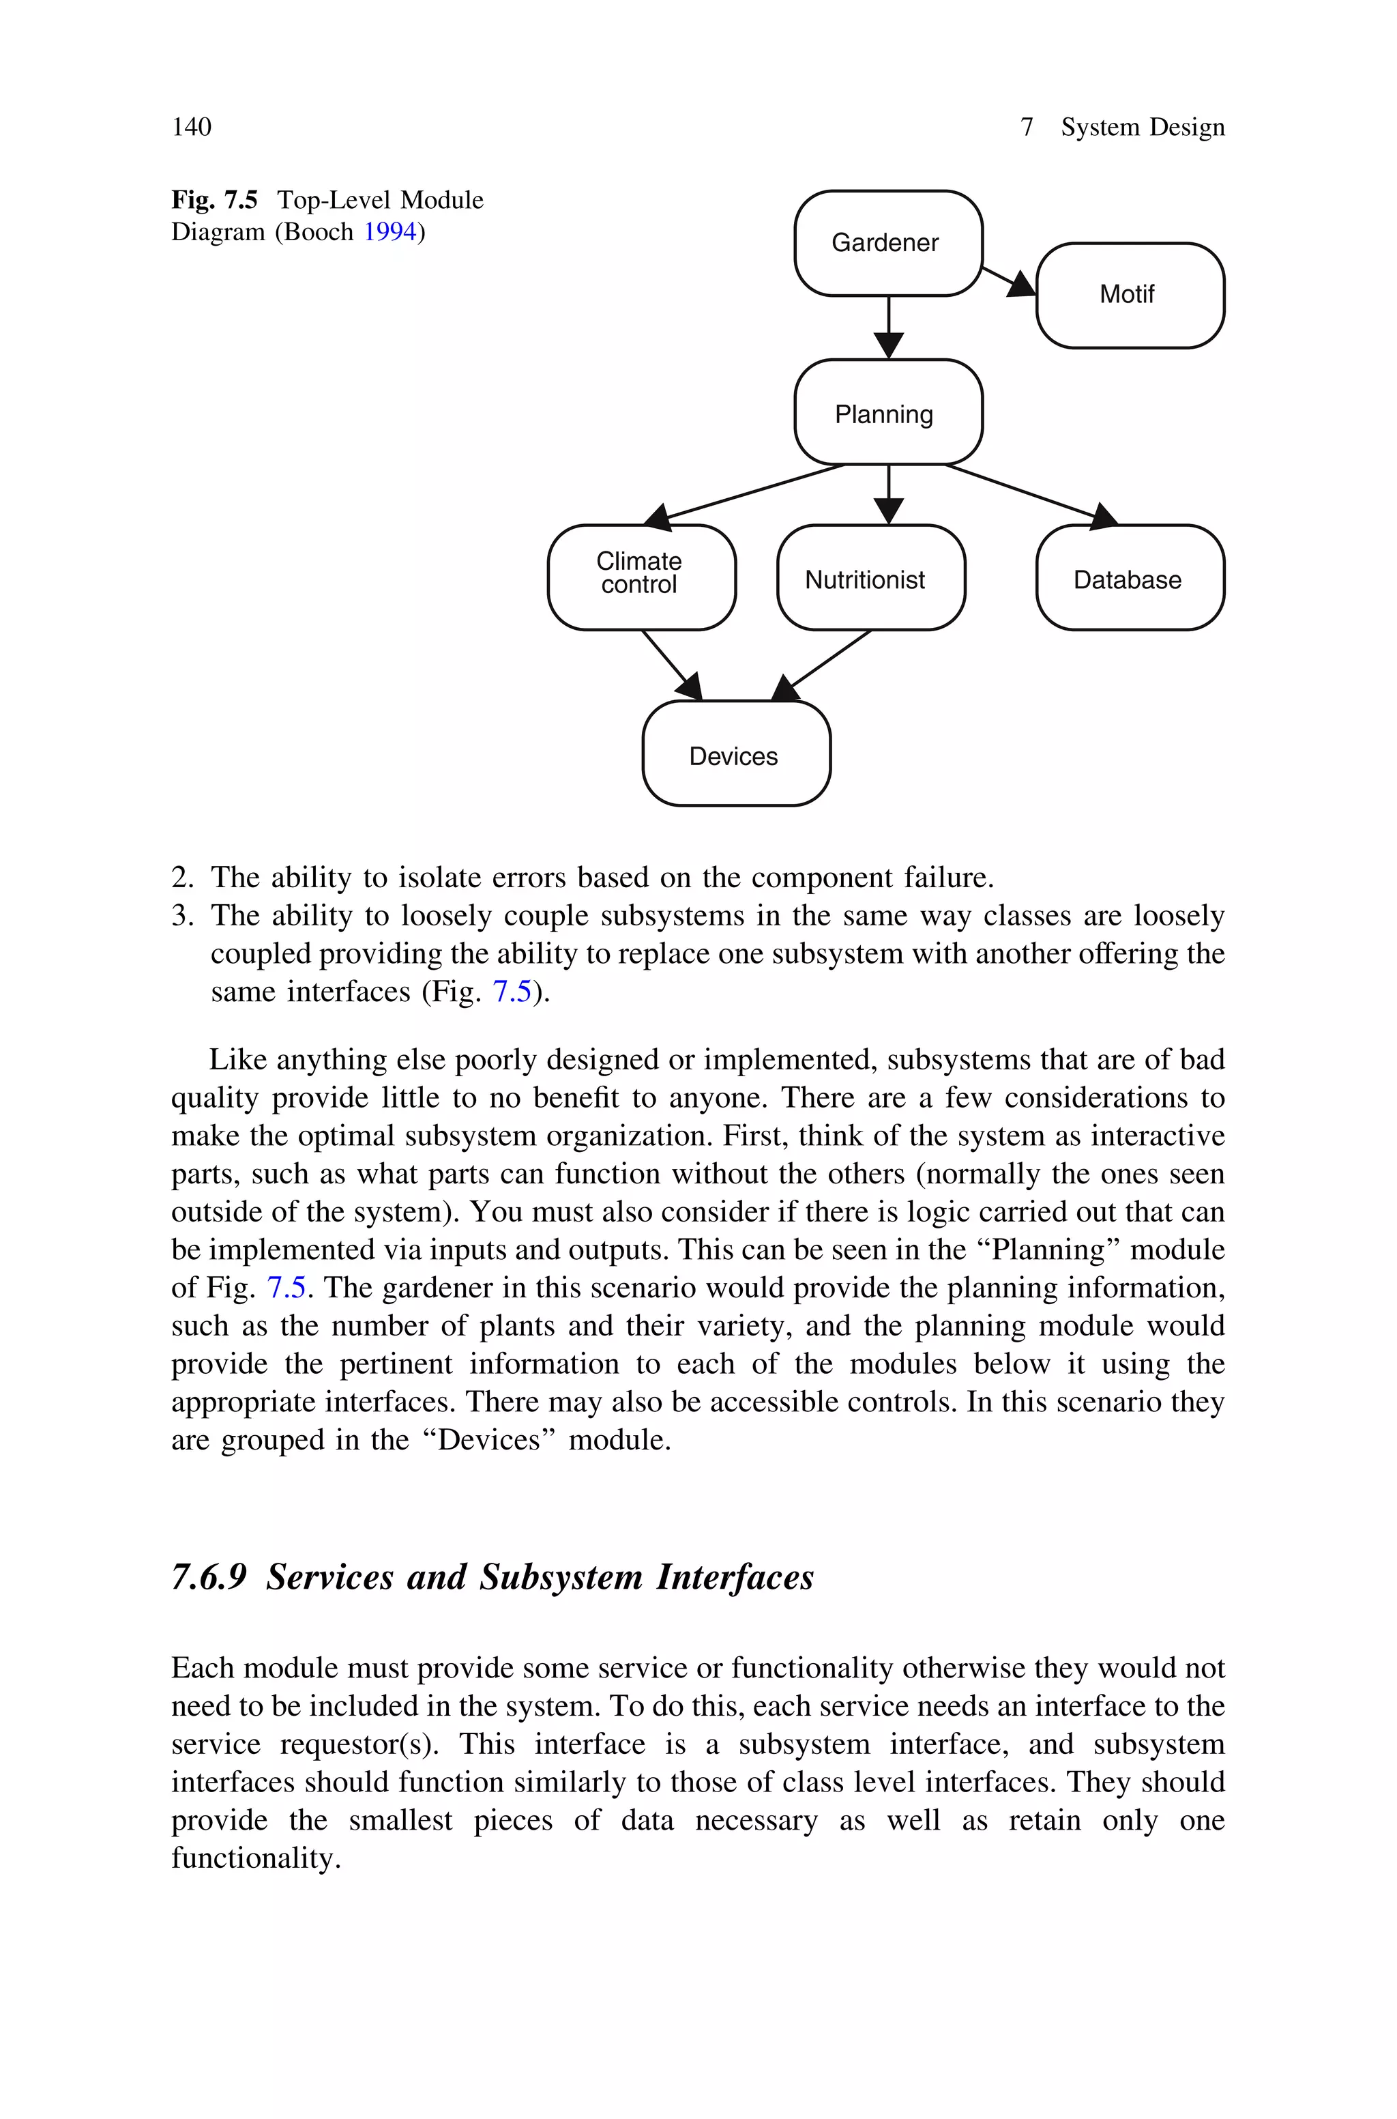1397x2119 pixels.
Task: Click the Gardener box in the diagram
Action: click(x=887, y=242)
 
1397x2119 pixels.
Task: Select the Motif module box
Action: click(x=1129, y=295)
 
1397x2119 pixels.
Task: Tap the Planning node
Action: click(x=887, y=413)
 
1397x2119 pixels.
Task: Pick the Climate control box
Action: click(x=641, y=577)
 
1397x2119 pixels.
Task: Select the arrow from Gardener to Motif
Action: click(x=1008, y=280)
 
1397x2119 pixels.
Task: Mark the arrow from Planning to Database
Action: click(x=1029, y=493)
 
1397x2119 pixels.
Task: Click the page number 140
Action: click(x=192, y=128)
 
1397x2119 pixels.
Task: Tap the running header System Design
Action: click(x=1141, y=128)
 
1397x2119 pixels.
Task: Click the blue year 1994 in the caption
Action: click(x=389, y=233)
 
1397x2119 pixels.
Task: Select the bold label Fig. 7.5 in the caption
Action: click(x=214, y=199)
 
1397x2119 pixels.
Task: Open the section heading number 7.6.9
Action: click(x=209, y=1577)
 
